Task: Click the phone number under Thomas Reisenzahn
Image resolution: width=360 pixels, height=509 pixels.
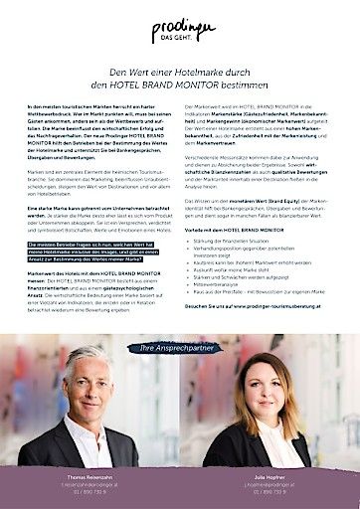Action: tap(90, 493)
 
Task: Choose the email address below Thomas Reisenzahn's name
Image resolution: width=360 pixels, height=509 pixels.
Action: tap(90, 486)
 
